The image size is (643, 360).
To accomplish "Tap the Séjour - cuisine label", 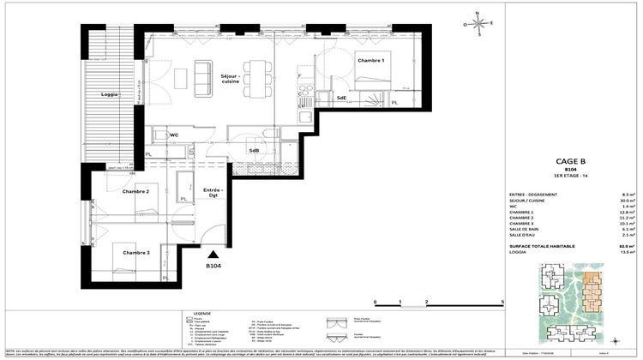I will (x=231, y=79).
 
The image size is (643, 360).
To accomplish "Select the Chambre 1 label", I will (x=371, y=61).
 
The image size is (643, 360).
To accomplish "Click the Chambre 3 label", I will (x=135, y=252).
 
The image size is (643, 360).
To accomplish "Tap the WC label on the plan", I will (x=172, y=135).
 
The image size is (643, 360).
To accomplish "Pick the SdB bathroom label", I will (x=255, y=150).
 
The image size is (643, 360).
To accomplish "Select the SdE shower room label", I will (x=341, y=98).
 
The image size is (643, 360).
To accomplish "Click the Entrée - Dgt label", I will (x=212, y=193).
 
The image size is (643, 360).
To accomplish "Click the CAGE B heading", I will (x=571, y=158).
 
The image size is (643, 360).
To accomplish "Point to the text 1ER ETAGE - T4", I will (x=571, y=175).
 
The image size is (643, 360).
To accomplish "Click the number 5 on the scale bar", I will (x=502, y=303).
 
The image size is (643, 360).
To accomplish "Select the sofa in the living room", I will (x=203, y=77).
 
